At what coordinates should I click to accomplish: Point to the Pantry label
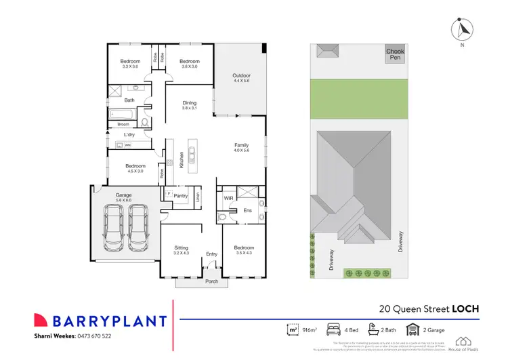(180, 196)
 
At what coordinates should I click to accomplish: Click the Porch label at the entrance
(212, 281)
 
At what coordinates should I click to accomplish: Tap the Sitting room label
(181, 248)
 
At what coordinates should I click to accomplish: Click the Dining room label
(189, 103)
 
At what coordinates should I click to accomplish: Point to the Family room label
(241, 145)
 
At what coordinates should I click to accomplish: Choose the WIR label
(228, 197)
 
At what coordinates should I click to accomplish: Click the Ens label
(248, 211)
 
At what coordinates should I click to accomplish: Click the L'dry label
(129, 134)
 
